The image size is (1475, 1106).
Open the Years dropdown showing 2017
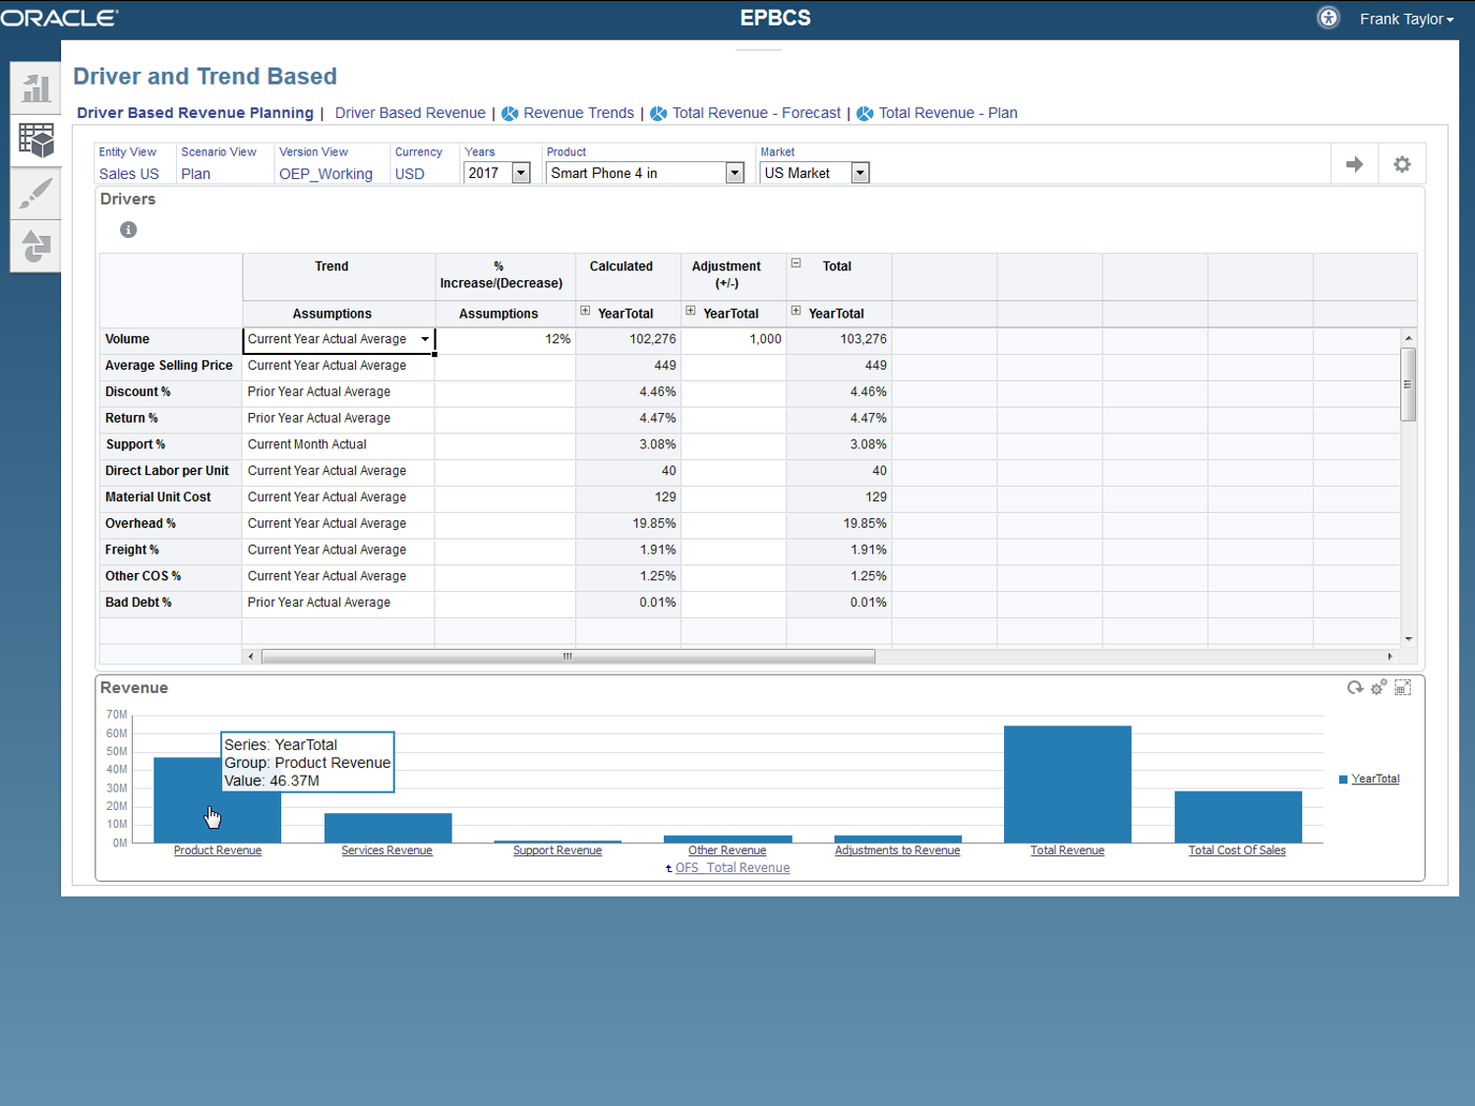click(521, 173)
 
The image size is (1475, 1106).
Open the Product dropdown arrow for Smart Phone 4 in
click(735, 173)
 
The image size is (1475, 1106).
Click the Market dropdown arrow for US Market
click(860, 173)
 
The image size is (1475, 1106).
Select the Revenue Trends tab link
click(578, 113)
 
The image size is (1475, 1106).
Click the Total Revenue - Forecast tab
click(756, 113)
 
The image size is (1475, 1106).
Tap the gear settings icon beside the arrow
click(1402, 164)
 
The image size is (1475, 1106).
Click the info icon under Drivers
click(129, 230)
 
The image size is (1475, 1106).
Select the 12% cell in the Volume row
click(505, 339)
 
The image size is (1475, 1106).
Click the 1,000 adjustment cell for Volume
click(734, 339)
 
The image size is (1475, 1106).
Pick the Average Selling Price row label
click(169, 366)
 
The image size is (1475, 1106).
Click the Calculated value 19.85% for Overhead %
click(654, 523)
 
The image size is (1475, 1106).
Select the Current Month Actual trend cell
click(307, 444)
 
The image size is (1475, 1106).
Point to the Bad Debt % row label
click(138, 603)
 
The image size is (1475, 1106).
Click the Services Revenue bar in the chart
click(387, 828)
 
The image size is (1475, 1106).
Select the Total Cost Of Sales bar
click(1238, 817)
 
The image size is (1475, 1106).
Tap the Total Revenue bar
click(1067, 785)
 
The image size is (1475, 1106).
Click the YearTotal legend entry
click(1375, 779)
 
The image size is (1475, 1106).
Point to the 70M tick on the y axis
click(116, 715)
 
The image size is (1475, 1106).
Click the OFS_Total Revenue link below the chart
click(733, 868)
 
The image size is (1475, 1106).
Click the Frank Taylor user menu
click(1406, 19)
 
